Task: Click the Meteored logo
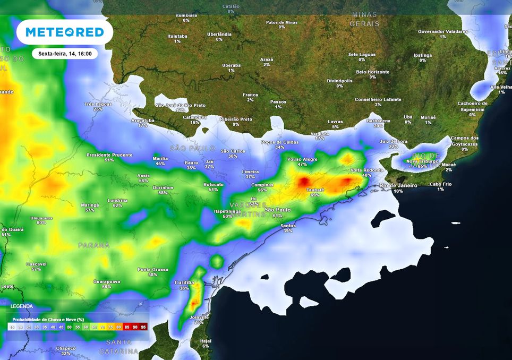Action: (65, 32)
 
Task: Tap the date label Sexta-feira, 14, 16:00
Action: (65, 54)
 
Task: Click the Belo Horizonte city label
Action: (372, 72)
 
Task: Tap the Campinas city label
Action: (262, 185)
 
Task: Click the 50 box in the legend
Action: (70, 327)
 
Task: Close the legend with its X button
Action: (141, 304)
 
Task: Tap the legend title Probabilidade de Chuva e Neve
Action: (48, 320)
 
